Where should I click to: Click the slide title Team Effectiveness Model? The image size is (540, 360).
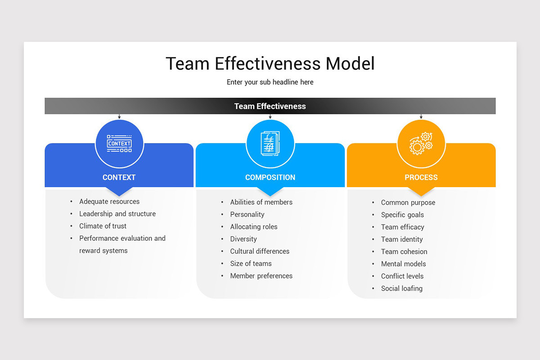pos(270,63)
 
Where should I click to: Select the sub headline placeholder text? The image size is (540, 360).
pos(270,82)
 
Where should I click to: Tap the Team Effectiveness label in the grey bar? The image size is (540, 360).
pos(270,106)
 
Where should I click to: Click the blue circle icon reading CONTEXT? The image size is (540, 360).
pos(119,144)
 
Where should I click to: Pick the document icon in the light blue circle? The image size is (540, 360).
pos(270,144)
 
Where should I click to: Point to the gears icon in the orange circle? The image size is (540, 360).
pos(421,144)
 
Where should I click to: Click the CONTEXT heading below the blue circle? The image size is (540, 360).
pos(119,177)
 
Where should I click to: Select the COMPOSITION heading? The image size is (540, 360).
pos(270,177)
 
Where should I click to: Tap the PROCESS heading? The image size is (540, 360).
pos(421,177)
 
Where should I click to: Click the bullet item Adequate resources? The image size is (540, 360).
pos(109,202)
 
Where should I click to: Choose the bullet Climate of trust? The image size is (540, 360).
pos(103,226)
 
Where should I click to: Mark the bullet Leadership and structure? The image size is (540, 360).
pos(117,214)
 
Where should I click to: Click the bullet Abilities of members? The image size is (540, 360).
pos(261,202)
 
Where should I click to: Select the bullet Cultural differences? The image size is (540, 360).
pos(260,251)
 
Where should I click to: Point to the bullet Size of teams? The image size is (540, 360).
pos(251,264)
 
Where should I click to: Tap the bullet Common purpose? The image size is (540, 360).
pos(408,202)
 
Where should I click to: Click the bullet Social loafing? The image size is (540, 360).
pos(401,288)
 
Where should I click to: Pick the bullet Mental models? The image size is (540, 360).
pos(403,264)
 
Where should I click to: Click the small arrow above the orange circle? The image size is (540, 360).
pos(421,117)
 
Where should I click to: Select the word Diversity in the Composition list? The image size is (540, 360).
pos(243,239)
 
